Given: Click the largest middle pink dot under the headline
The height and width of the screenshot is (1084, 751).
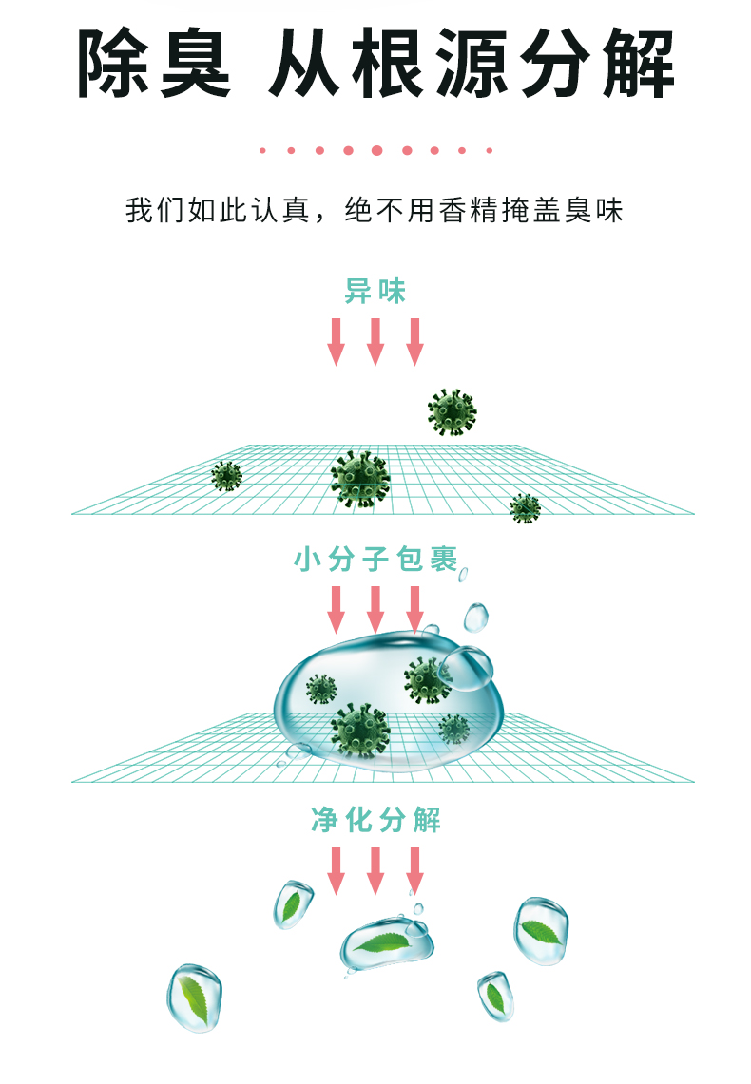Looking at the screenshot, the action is pyautogui.click(x=376, y=150).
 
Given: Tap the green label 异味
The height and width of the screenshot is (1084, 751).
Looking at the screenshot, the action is pyautogui.click(x=375, y=292).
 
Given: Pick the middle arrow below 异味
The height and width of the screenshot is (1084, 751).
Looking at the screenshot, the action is pyautogui.click(x=375, y=341).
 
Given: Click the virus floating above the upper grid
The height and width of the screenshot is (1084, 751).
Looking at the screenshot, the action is pyautogui.click(x=452, y=412).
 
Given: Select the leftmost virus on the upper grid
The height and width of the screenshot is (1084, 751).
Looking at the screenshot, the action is pyautogui.click(x=226, y=475).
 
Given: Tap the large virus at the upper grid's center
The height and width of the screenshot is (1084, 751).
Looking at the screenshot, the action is pyautogui.click(x=360, y=479).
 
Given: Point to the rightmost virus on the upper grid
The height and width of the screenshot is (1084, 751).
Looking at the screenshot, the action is pyautogui.click(x=525, y=508).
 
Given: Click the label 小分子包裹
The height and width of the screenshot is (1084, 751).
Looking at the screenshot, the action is pyautogui.click(x=375, y=560).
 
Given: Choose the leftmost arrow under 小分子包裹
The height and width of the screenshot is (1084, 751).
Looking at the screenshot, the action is pyautogui.click(x=336, y=609).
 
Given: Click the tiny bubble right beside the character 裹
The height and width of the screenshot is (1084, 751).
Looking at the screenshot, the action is pyautogui.click(x=464, y=574).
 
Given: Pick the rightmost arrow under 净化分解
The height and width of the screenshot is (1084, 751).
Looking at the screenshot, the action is pyautogui.click(x=414, y=869).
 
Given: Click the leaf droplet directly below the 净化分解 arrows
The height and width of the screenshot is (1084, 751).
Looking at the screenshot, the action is pyautogui.click(x=388, y=942).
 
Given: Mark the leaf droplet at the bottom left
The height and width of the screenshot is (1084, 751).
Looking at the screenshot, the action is pyautogui.click(x=196, y=998).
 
